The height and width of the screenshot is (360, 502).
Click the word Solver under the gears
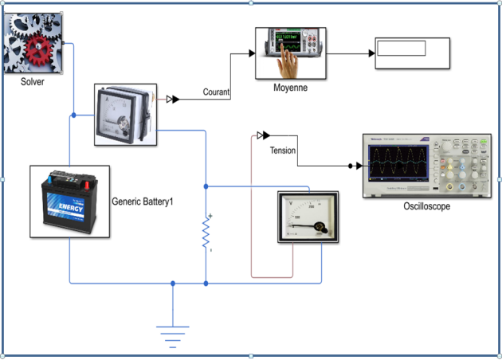[x=33, y=82]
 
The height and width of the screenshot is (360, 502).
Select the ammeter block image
[x=124, y=115]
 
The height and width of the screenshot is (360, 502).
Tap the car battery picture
[x=69, y=201]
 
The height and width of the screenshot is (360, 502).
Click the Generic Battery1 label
[x=143, y=202]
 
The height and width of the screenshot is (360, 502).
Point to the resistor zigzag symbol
[x=206, y=233]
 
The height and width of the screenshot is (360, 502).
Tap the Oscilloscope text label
[x=427, y=207]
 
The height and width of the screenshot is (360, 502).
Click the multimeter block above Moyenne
[x=292, y=53]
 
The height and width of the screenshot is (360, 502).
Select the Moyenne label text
[x=290, y=88]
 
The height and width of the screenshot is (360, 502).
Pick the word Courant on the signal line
[x=216, y=92]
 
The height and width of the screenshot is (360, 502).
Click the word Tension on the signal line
[x=283, y=151]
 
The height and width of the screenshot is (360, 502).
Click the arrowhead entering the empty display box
[x=371, y=53]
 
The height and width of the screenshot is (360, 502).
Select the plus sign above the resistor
[x=210, y=216]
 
